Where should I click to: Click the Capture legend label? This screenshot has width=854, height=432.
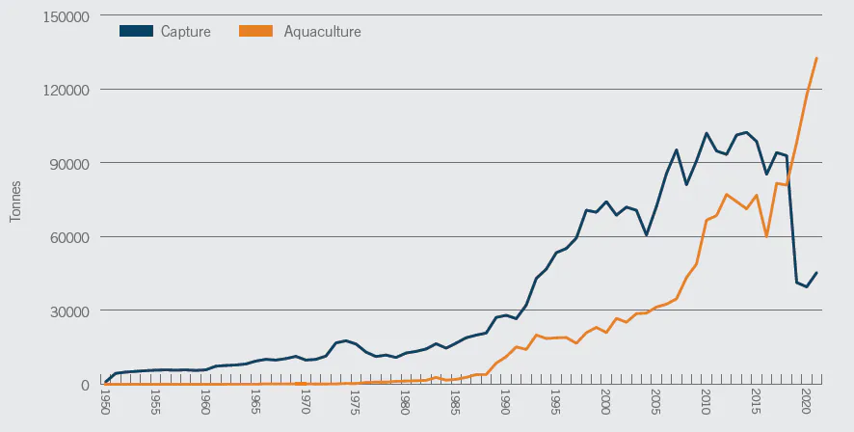click(185, 32)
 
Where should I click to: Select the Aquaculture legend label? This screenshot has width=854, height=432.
click(322, 32)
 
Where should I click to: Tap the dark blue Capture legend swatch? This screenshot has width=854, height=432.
click(136, 31)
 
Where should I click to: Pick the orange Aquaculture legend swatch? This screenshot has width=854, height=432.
click(254, 31)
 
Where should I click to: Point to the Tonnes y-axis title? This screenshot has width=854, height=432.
click(15, 202)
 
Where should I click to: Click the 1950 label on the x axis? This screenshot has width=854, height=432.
click(105, 402)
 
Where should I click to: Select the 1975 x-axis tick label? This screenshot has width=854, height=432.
click(355, 402)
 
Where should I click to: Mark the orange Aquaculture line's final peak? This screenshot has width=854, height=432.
click(816, 58)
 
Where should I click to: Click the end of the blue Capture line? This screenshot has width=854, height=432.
click(816, 272)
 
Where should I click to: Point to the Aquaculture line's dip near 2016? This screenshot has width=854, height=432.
click(766, 236)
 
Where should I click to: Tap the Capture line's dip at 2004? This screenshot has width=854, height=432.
click(646, 235)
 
